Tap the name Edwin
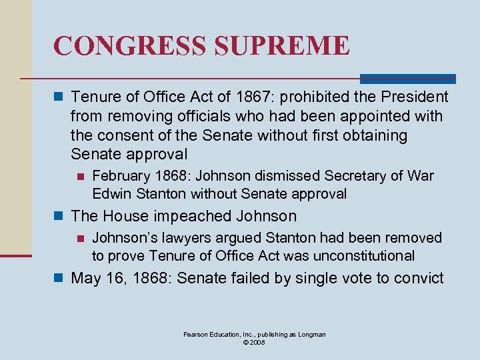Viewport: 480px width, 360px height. [113, 194]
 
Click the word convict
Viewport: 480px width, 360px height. [419, 278]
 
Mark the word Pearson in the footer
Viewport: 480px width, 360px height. [198, 334]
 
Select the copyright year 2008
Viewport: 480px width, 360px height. [258, 342]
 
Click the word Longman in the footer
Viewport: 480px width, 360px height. [311, 334]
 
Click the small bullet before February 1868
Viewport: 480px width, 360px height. [81, 177]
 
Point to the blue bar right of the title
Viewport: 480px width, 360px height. [407, 79]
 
